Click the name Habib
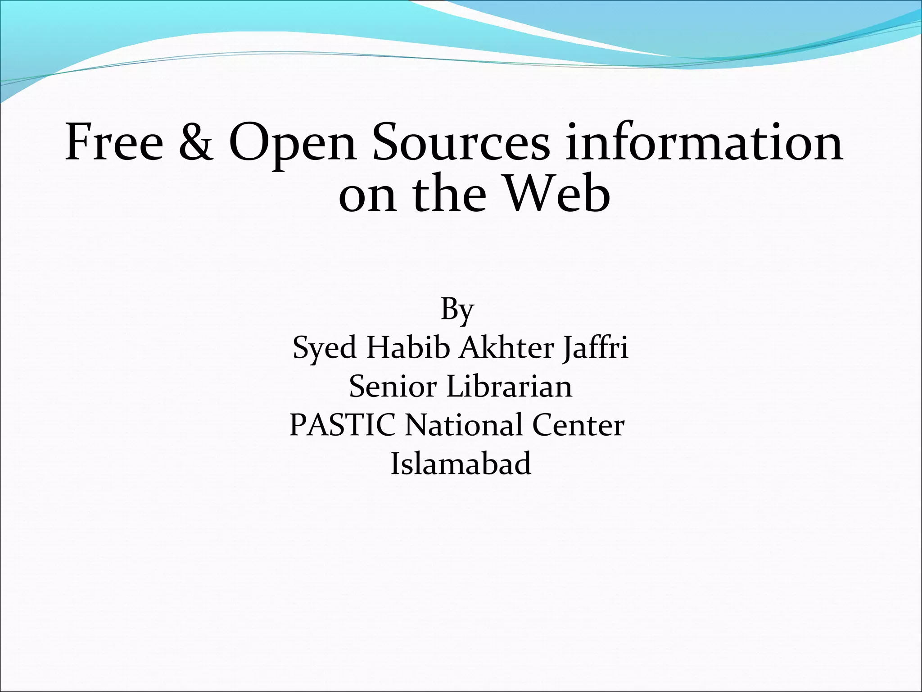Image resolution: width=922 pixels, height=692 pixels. click(x=407, y=348)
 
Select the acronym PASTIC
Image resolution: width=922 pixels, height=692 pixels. click(x=343, y=425)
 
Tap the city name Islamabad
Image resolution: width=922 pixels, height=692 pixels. click(x=461, y=463)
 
